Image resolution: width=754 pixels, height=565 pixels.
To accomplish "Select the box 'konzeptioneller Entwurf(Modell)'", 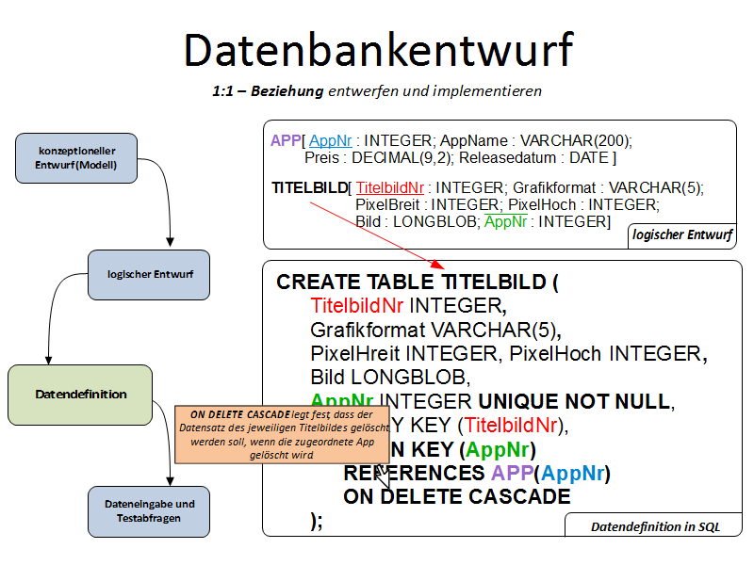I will pyautogui.click(x=76, y=157).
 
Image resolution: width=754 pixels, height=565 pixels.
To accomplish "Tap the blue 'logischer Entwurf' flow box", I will pyautogui.click(x=148, y=274).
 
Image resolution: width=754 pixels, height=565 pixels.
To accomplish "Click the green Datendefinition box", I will pyautogui.click(x=80, y=395).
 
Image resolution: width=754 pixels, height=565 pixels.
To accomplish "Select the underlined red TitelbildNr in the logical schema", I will pyautogui.click(x=389, y=187).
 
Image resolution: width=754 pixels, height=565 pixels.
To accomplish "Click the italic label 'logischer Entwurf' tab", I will pyautogui.click(x=682, y=234).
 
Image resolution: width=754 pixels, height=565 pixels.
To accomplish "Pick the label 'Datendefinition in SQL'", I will pyautogui.click(x=655, y=526).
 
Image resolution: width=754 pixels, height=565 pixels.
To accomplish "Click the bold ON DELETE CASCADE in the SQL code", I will pyautogui.click(x=457, y=496).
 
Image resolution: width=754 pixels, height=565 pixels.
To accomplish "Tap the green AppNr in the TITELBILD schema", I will pyautogui.click(x=504, y=221).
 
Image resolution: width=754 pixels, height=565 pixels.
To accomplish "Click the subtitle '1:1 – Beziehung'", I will pyautogui.click(x=268, y=91).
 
